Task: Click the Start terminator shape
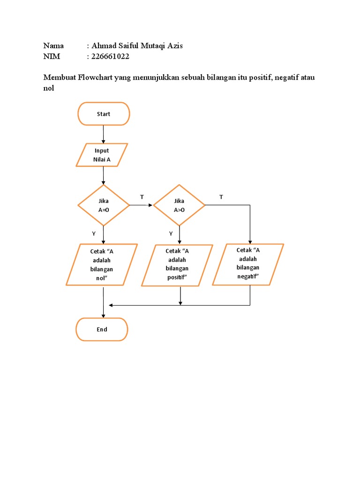point(103,114)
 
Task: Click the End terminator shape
point(102,330)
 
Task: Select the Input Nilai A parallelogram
point(102,155)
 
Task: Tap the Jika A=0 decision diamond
point(103,205)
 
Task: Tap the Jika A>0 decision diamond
point(179,205)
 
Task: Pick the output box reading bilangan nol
point(102,264)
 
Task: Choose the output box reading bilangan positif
point(177,265)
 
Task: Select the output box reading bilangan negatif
point(248,264)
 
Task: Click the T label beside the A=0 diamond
point(142,197)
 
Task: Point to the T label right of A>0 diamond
point(221,197)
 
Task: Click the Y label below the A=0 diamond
point(94,233)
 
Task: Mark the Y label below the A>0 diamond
point(171,233)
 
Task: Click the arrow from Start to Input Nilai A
point(103,134)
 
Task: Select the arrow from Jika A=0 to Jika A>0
point(141,205)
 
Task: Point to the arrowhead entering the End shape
point(103,315)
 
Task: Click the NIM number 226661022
point(110,57)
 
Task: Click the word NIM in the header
point(52,57)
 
